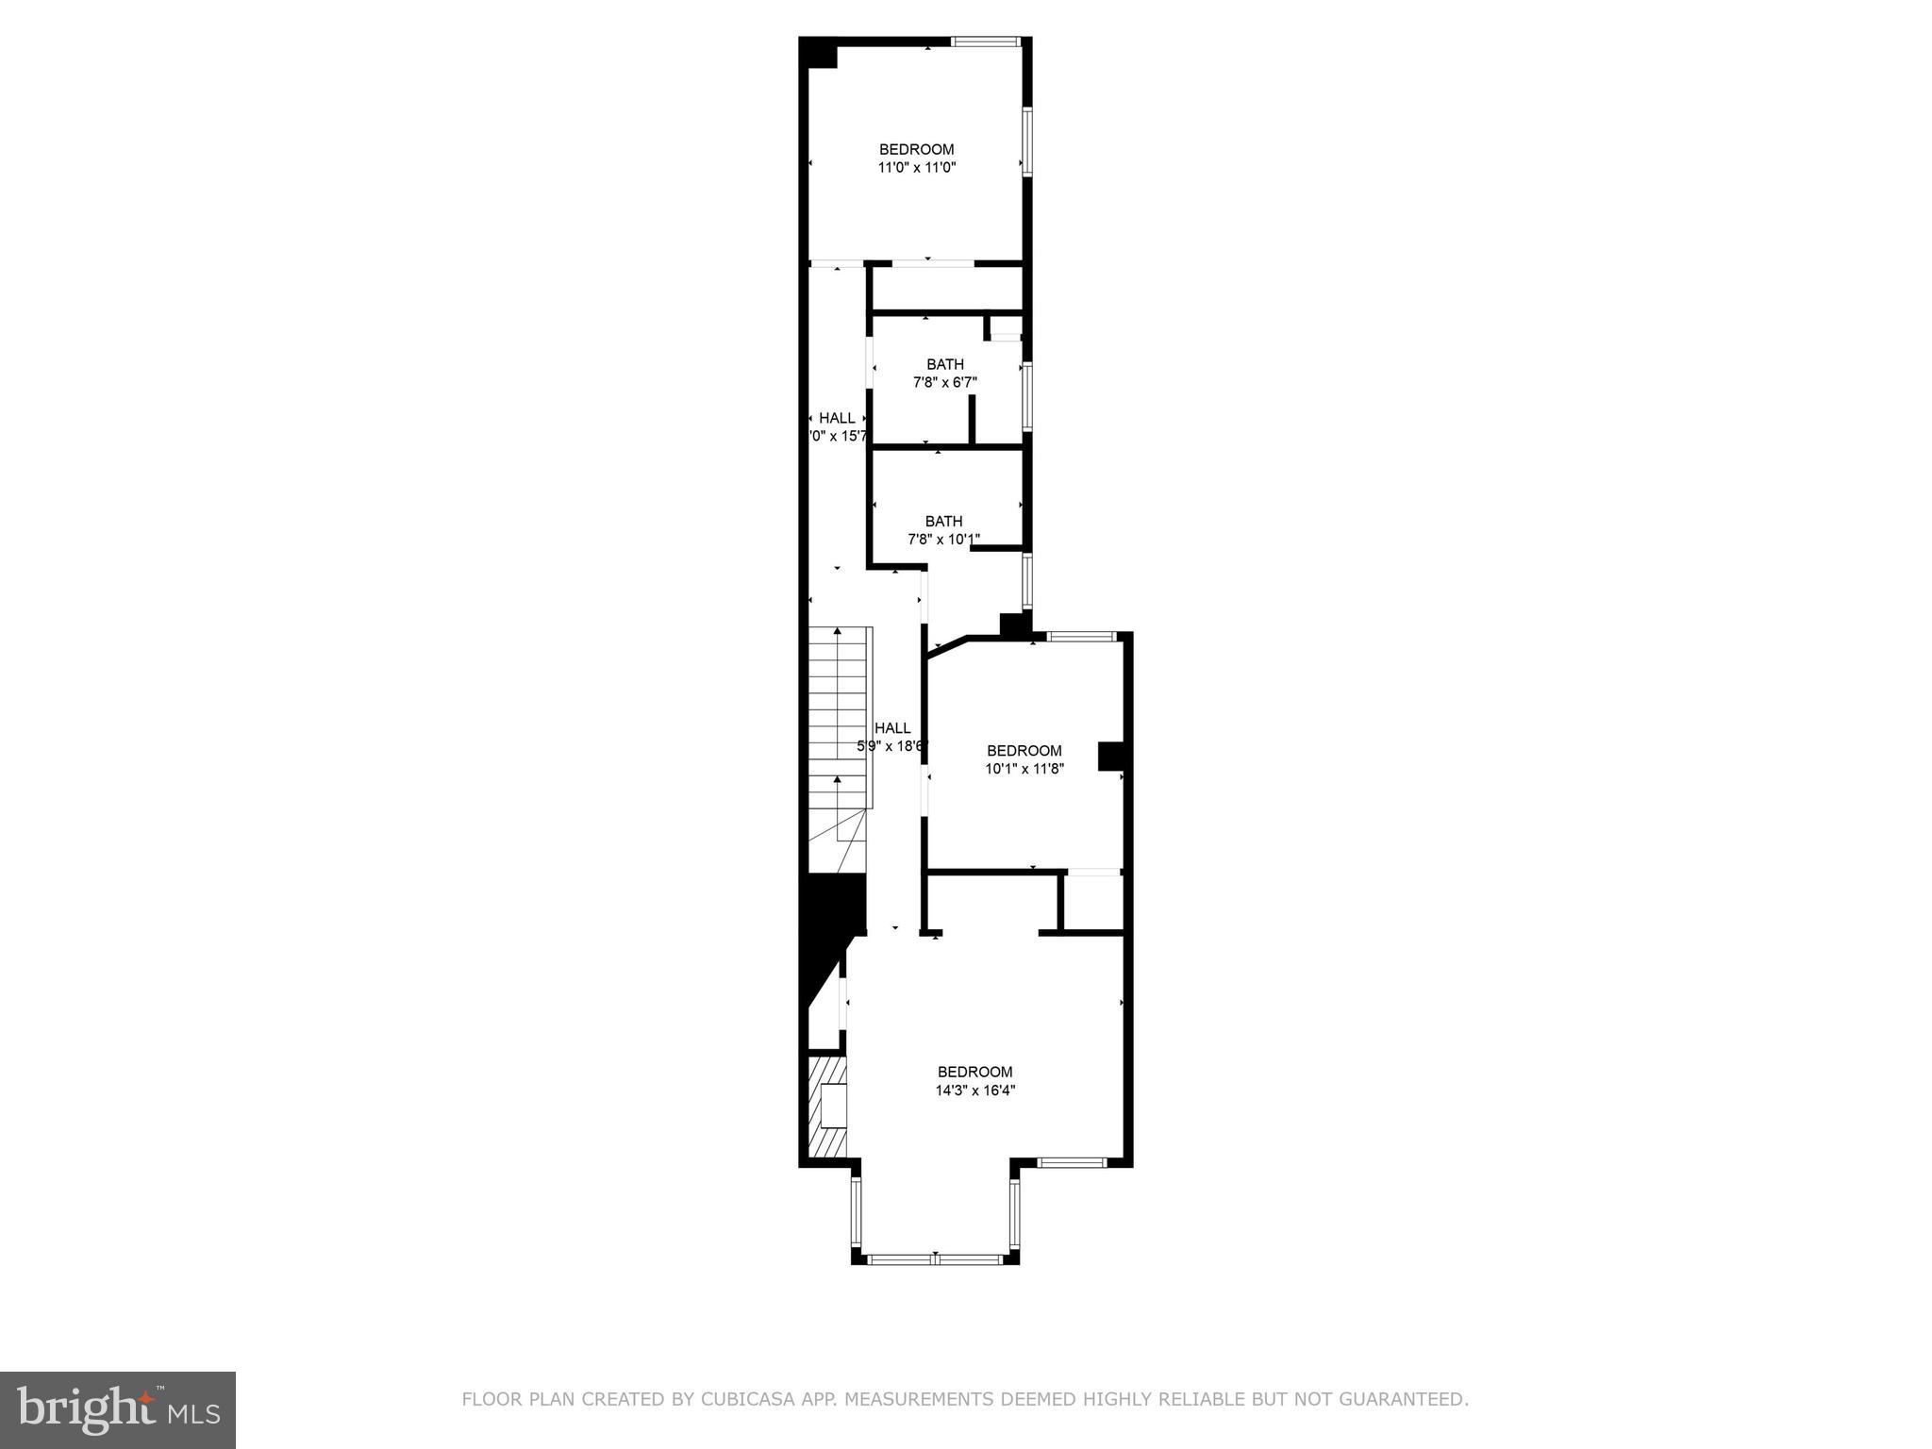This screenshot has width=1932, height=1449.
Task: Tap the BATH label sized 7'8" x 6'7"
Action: [x=944, y=365]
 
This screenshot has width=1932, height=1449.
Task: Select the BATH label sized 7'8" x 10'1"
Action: [x=943, y=522]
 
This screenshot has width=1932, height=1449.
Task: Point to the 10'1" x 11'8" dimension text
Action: [x=1024, y=769]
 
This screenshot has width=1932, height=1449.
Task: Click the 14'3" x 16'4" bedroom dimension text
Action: [x=974, y=1091]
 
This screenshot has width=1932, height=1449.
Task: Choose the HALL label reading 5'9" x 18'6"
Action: [x=891, y=728]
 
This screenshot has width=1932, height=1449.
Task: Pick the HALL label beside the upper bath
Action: [x=837, y=418]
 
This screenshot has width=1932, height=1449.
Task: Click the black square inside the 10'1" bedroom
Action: [x=1110, y=757]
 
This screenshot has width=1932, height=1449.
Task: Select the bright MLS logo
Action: [x=118, y=1409]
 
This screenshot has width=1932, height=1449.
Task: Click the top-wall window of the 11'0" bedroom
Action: [x=985, y=42]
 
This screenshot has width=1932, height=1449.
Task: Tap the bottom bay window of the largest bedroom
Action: [x=935, y=1258]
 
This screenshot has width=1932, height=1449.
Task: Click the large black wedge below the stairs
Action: [x=830, y=934]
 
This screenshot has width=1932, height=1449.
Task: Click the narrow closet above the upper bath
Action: [x=946, y=288]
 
